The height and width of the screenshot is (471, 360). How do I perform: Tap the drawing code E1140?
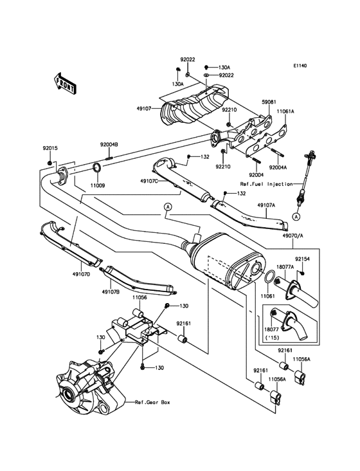tap(300, 66)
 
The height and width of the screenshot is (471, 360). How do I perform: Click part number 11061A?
tap(285, 111)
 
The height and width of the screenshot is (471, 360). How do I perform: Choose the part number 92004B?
tap(109, 145)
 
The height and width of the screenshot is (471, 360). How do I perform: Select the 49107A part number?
tap(267, 205)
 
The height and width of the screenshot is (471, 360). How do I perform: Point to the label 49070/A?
tap(291, 235)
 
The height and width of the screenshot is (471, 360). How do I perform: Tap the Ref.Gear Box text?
tap(152, 402)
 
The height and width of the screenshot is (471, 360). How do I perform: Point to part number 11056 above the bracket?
tap(139, 298)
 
